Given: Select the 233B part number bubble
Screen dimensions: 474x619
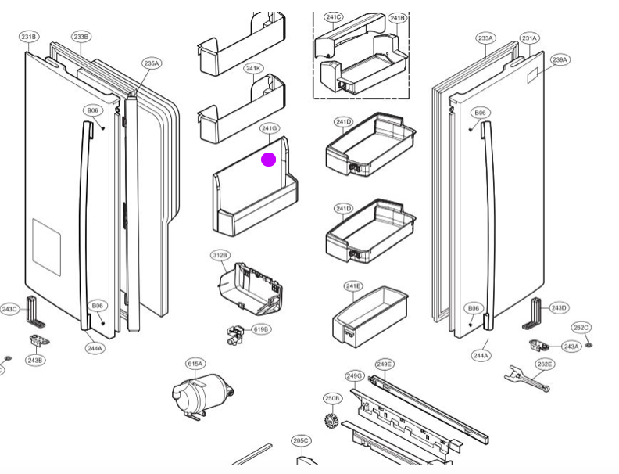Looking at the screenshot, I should coord(81,37).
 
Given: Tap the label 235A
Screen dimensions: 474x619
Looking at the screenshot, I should coord(152,63).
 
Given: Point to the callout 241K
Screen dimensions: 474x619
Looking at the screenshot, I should coord(253,69).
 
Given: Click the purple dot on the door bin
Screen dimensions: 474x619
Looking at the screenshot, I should coord(268,160).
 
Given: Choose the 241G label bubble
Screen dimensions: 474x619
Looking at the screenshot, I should coord(270,127).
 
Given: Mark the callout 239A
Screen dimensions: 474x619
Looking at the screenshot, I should coord(560,59).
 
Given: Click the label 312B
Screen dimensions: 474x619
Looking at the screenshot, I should coord(220,255).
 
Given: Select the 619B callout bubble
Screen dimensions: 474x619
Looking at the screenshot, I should coord(261,329).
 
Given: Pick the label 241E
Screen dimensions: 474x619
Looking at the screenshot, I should coord(353,286).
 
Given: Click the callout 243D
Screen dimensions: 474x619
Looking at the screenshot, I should coord(559,307).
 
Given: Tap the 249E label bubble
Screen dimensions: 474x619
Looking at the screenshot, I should coord(384,364).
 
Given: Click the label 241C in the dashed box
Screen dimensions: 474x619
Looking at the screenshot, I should coord(334,17).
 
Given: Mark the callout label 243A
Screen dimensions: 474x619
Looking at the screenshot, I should coord(571,347).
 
